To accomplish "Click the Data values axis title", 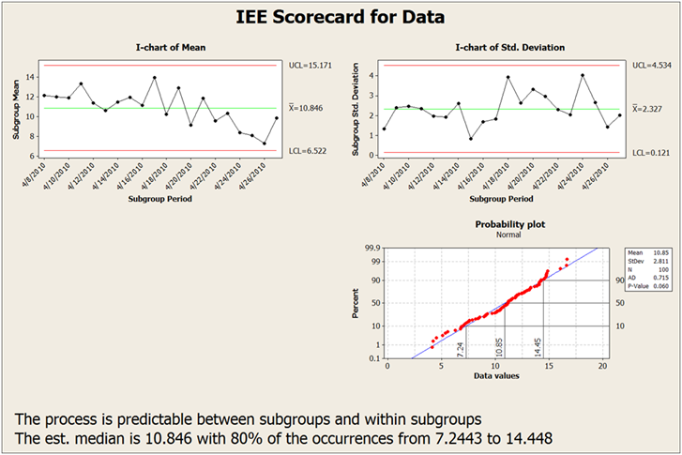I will (493, 376).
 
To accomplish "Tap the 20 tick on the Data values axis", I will (601, 367).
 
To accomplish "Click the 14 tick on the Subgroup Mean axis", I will (31, 77).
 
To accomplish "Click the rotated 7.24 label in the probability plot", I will (460, 348).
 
